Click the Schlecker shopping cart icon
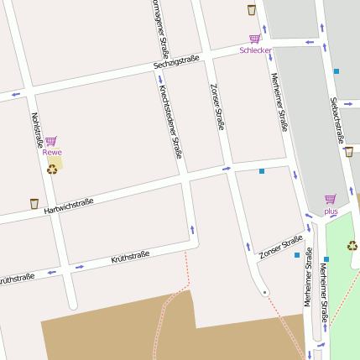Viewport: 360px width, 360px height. click(254, 39)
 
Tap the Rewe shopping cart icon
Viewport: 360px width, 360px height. click(51, 141)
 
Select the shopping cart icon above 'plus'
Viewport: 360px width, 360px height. click(330, 200)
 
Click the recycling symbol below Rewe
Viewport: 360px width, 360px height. click(52, 169)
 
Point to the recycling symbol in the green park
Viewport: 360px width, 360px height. click(352, 246)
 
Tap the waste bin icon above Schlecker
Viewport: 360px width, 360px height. click(252, 10)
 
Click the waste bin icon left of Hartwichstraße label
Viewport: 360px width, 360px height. click(34, 203)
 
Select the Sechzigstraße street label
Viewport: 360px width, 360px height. click(176, 61)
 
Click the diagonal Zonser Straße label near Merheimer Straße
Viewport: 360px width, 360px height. click(280, 247)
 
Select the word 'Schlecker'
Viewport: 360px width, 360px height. click(255, 50)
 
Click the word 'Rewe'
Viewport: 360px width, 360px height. click(52, 152)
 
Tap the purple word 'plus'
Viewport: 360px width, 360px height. click(331, 211)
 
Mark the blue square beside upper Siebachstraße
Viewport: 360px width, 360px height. click(337, 71)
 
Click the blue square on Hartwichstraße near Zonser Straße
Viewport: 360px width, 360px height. click(262, 171)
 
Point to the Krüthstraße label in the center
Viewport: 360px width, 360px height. click(130, 257)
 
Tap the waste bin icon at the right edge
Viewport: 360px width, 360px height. click(349, 152)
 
